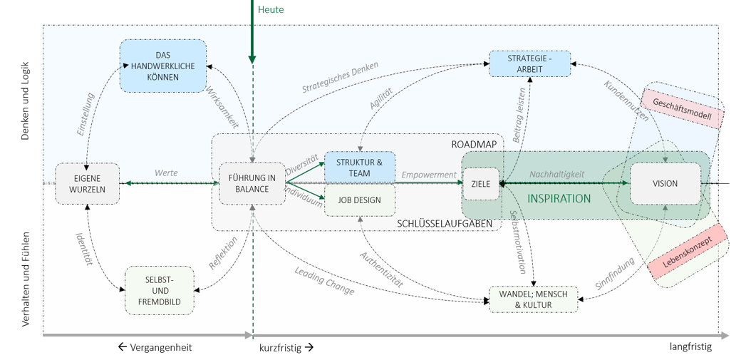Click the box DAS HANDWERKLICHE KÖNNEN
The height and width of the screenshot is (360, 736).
[x=162, y=66]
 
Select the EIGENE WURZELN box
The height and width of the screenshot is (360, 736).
[x=88, y=183]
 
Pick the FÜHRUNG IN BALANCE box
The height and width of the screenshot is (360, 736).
[x=252, y=183]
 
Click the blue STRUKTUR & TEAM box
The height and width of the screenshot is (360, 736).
[x=360, y=168]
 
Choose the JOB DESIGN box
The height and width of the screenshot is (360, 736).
[x=360, y=200]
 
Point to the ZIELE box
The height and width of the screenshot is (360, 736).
[x=481, y=184]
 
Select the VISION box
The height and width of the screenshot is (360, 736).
[x=665, y=183]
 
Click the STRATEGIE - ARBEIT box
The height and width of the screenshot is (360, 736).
[x=530, y=63]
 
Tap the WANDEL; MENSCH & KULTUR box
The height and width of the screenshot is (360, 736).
[x=533, y=299]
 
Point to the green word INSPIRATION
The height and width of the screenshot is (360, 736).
[x=559, y=199]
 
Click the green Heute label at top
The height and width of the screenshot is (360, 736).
[x=271, y=9]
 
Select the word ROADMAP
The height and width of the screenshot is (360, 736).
[x=474, y=144]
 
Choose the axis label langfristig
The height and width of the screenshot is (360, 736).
[x=690, y=346]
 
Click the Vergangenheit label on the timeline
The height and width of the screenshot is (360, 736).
[x=155, y=347]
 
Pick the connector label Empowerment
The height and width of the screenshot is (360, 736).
[x=428, y=175]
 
